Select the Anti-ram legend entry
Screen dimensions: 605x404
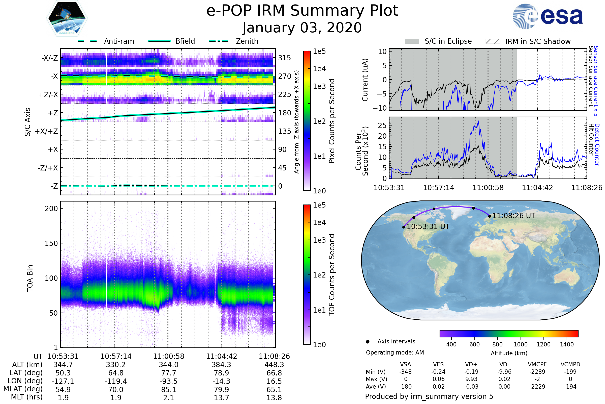click(x=106, y=41)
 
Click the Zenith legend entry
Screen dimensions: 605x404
click(x=234, y=41)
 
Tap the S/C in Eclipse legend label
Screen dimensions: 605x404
click(x=448, y=41)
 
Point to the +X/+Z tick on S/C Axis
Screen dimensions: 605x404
click(x=46, y=131)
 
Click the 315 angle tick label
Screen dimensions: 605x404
click(x=285, y=58)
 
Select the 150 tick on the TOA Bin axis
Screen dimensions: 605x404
click(x=51, y=243)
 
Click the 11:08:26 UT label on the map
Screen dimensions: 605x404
click(x=514, y=216)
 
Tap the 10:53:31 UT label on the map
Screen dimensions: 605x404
click(x=428, y=226)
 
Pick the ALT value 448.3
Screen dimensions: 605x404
click(x=274, y=365)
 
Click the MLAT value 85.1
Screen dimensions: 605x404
click(x=169, y=389)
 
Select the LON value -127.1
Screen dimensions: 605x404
click(x=63, y=381)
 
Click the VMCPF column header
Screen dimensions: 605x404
click(x=537, y=364)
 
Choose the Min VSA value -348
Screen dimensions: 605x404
click(x=405, y=372)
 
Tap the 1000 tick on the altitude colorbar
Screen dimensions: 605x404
click(x=521, y=344)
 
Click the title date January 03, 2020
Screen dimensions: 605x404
click(x=302, y=28)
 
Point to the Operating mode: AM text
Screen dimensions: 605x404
click(x=395, y=352)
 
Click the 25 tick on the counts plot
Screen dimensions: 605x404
click(x=382, y=125)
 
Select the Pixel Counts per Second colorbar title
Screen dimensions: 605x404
click(x=332, y=121)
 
